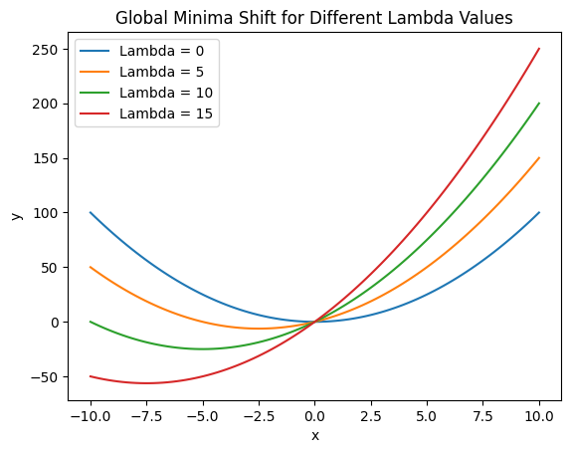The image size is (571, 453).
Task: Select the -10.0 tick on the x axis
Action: coord(90,415)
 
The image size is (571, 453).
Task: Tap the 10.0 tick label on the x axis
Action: coord(539,415)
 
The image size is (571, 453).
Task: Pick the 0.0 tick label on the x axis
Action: coord(314,415)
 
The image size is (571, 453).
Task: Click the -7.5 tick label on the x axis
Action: coord(146,415)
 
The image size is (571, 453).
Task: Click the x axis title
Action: coord(314,435)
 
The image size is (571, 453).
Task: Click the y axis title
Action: coord(14,213)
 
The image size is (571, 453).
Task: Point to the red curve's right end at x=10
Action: coord(539,49)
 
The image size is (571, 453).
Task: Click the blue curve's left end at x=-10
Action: coord(90,212)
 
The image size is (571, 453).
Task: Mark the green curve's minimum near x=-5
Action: coord(202,348)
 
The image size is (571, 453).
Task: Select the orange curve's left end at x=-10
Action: coord(90,267)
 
